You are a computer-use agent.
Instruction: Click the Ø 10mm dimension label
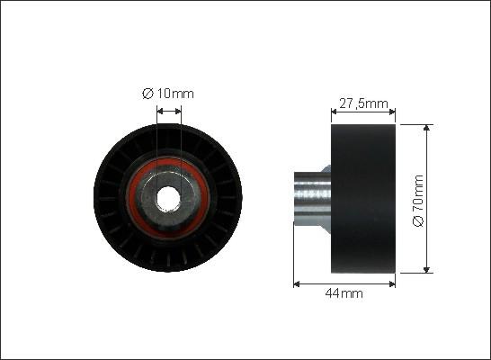(x=168, y=93)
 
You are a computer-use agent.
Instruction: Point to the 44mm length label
(x=344, y=293)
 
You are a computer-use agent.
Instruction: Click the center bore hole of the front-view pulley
(x=168, y=195)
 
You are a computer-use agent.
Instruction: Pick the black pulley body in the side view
(x=363, y=197)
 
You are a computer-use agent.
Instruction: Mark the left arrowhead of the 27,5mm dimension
(x=335, y=112)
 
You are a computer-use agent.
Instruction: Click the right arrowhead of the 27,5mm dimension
(x=392, y=112)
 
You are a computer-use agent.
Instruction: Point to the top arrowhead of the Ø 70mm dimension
(x=425, y=127)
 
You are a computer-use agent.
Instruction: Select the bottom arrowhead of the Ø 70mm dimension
(x=425, y=267)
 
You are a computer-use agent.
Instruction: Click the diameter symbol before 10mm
(x=147, y=93)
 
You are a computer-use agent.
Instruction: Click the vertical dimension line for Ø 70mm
(x=425, y=162)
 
